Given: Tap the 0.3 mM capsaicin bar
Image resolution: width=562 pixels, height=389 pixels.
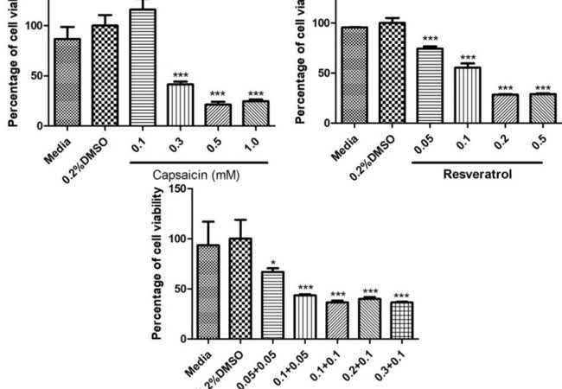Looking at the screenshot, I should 180,105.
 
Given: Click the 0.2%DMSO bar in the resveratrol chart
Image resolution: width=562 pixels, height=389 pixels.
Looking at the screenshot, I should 392,73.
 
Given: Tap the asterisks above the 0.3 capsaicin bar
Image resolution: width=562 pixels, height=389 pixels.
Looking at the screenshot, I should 180,75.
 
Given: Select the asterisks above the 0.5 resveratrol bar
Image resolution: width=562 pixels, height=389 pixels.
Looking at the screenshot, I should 543,87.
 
